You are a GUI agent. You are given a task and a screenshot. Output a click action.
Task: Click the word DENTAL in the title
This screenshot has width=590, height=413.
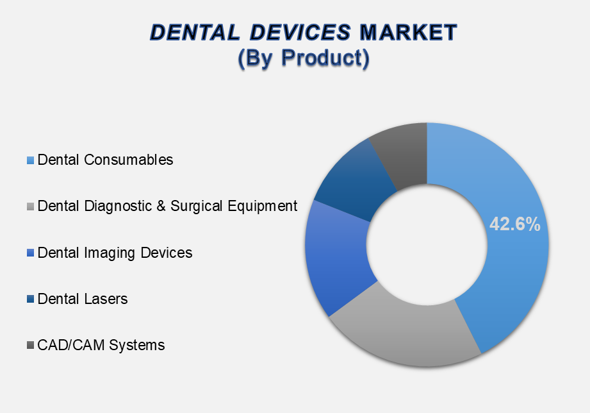195,32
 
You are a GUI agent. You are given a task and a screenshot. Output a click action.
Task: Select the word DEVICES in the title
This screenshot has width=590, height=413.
300,32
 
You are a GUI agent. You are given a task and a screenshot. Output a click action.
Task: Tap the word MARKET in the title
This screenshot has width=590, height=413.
408,32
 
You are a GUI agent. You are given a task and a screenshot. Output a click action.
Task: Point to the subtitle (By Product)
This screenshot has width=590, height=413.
304,58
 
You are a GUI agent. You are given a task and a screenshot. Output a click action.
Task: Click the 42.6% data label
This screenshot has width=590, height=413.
515,224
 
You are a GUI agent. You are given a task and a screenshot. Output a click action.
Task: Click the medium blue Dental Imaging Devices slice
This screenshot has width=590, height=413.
337,257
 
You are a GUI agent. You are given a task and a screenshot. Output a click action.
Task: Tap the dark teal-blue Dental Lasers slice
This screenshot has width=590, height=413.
352,181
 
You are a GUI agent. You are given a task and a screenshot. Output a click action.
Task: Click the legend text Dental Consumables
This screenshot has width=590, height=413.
105,160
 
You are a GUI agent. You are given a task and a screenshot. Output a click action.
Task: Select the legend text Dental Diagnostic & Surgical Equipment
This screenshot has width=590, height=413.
167,206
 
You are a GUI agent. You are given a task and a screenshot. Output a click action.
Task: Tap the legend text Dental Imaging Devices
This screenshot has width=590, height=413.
115,253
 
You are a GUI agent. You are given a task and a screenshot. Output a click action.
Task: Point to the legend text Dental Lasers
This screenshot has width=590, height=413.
83,299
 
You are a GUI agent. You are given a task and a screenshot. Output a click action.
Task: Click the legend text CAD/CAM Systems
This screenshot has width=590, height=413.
101,346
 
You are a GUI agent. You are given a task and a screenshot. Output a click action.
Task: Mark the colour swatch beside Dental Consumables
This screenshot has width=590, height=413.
31,160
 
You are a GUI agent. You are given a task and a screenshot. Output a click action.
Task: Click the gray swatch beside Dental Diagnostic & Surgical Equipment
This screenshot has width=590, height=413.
31,206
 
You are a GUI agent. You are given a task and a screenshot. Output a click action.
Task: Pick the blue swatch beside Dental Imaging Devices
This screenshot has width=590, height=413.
31,253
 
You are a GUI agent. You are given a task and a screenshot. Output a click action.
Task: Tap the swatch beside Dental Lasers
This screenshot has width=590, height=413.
31,299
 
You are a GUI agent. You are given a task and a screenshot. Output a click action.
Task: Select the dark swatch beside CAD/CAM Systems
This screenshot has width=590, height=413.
31,345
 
